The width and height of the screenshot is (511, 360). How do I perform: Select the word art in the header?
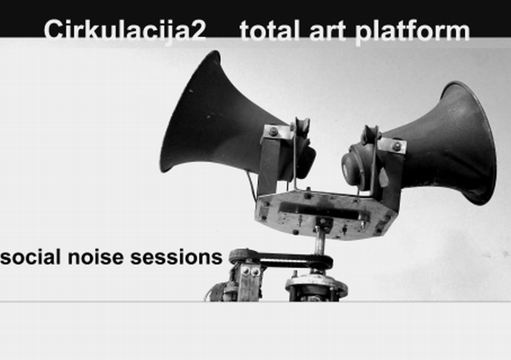[327, 31]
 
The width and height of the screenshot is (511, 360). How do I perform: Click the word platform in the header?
[412, 31]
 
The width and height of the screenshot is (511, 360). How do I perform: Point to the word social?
[31, 256]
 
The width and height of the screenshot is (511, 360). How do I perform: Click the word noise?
[96, 257]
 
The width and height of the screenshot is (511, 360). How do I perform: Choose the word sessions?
[176, 257]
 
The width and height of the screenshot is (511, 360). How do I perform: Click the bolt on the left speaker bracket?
[274, 131]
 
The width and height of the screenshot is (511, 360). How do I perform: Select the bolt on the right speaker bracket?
[396, 146]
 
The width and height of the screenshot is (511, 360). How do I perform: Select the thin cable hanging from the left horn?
[252, 186]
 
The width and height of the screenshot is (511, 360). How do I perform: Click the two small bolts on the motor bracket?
[251, 271]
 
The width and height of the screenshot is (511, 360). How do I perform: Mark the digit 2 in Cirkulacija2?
[196, 30]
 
